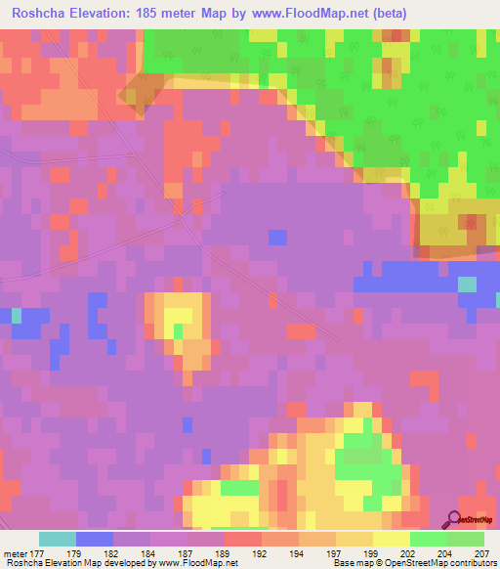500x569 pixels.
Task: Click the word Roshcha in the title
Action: [42, 13]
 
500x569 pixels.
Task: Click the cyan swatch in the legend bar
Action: [58, 539]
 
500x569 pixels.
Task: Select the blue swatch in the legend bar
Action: [95, 539]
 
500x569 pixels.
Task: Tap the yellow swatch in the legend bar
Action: [392, 539]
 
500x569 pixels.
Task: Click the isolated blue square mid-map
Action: [278, 238]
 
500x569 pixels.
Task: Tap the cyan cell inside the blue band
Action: [468, 284]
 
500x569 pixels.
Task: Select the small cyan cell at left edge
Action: [16, 315]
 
